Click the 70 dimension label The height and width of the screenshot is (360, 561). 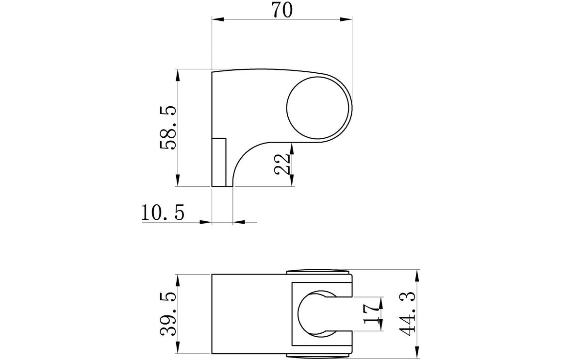282,10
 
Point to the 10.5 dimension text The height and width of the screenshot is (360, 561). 163,213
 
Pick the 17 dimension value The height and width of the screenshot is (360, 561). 371,314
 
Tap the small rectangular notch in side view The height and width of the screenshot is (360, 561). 219,162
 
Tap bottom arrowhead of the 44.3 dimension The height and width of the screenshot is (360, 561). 418,354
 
